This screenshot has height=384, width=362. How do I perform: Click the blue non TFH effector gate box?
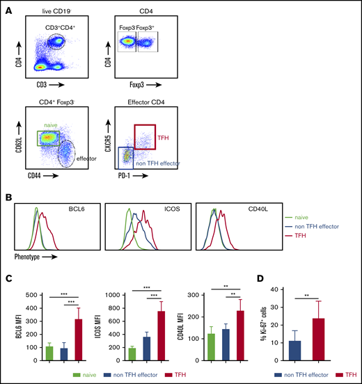[x=127, y=159]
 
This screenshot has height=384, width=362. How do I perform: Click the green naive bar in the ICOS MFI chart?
[x=132, y=352]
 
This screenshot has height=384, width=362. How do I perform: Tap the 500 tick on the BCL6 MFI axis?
[x=37, y=296]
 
